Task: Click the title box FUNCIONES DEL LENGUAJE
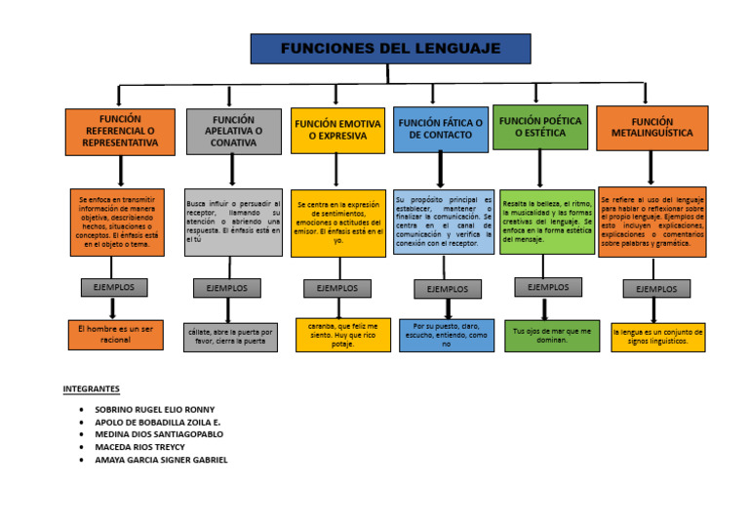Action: (390, 49)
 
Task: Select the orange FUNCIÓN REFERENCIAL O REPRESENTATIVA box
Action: (120, 131)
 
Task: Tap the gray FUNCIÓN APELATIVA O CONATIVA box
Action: (233, 131)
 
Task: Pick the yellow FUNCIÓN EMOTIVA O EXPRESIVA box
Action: (337, 131)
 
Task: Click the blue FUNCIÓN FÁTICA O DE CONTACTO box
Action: (441, 129)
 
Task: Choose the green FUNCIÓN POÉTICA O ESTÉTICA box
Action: (539, 127)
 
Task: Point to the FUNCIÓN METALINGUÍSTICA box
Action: (651, 128)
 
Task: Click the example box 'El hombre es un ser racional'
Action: (115, 335)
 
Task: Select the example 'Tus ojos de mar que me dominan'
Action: (552, 336)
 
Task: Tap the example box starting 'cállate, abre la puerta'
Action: (229, 337)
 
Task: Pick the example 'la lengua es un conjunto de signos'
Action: (657, 338)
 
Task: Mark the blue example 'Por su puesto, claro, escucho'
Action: (447, 336)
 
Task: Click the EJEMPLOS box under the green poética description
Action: (548, 287)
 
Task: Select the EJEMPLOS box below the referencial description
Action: (114, 287)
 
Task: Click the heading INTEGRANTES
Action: (91, 388)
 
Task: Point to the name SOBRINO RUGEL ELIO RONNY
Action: (154, 410)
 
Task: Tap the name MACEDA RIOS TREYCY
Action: (139, 447)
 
